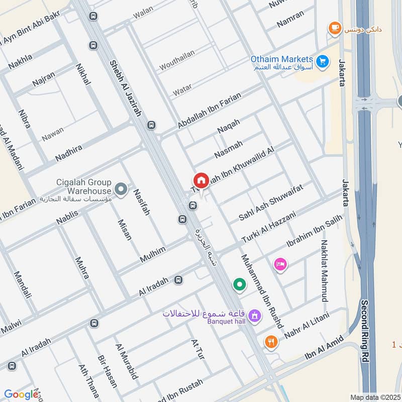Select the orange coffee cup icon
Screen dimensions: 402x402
click(x=334, y=28)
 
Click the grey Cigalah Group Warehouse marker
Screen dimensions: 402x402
click(x=121, y=189)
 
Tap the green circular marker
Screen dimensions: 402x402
click(x=240, y=285)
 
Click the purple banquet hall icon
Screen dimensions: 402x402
click(x=255, y=316)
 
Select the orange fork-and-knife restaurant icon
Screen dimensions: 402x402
click(x=271, y=342)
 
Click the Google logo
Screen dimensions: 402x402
click(x=21, y=394)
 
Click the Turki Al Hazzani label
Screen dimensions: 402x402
click(x=268, y=226)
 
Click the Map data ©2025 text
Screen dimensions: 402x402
click(x=374, y=397)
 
